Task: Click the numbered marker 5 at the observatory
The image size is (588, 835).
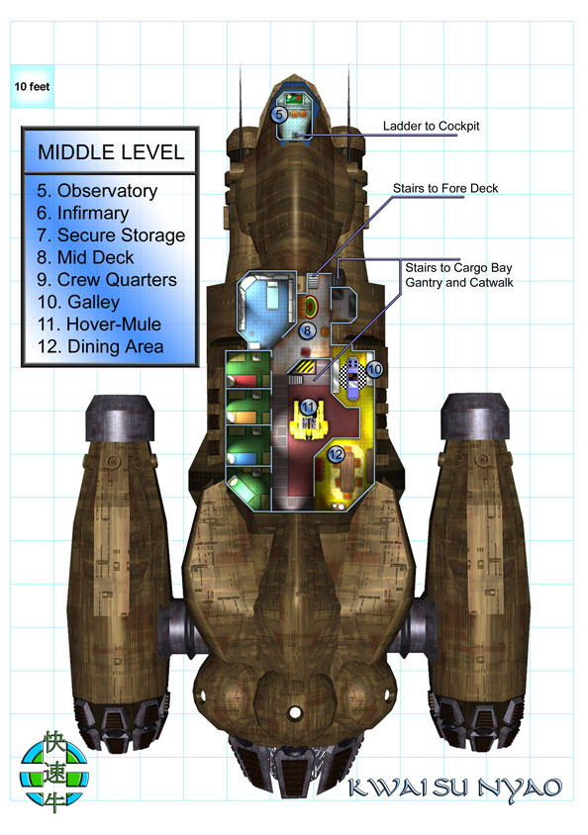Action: [279, 114]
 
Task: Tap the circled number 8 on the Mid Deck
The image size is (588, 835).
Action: [307, 330]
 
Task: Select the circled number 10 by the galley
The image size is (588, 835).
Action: [374, 369]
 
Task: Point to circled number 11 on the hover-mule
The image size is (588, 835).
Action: [309, 408]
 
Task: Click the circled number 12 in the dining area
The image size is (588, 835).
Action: [336, 454]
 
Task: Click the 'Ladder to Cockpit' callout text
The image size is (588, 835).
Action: [431, 127]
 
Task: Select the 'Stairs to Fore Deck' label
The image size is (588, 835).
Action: [445, 188]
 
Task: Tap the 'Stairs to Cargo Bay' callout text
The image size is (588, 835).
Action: [458, 267]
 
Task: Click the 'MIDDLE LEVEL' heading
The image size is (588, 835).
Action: [111, 152]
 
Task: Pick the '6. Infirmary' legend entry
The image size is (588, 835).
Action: [82, 213]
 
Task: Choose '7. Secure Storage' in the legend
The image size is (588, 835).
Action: [111, 234]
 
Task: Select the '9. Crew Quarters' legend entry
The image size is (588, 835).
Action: [107, 280]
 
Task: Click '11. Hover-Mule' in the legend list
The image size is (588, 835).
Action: [99, 324]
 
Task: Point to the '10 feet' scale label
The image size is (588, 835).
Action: [32, 86]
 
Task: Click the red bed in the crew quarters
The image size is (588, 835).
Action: [243, 380]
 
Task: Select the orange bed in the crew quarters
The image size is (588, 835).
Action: [243, 418]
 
